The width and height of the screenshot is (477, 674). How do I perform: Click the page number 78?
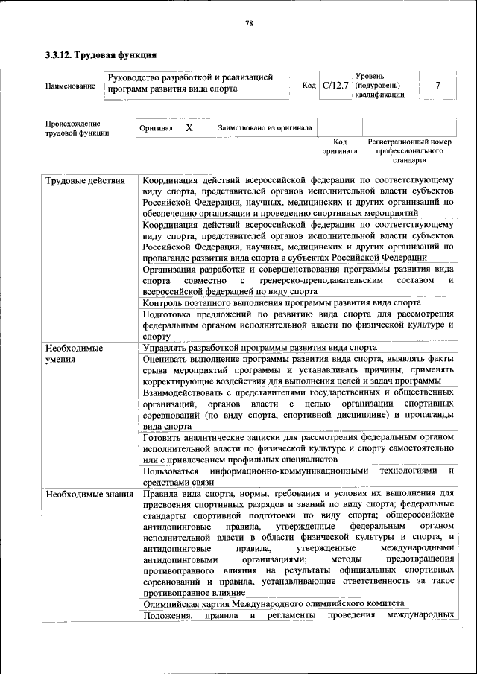[x=249, y=24]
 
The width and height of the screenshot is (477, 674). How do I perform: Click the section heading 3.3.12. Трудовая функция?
[x=101, y=54]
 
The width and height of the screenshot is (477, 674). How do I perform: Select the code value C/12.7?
[x=335, y=86]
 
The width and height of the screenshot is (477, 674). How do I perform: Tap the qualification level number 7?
[x=437, y=86]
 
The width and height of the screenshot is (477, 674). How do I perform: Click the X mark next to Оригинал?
[x=189, y=128]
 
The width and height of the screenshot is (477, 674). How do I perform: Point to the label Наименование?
[x=70, y=86]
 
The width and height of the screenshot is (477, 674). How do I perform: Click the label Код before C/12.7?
[x=309, y=86]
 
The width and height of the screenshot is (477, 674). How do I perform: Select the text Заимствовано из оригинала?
[x=265, y=128]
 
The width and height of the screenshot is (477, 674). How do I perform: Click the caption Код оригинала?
[x=340, y=146]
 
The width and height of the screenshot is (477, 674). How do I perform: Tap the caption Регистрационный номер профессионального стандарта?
[x=409, y=150]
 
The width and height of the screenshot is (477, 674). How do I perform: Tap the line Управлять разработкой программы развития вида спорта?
[x=259, y=348]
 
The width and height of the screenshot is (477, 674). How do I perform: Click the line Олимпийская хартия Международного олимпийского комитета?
[x=274, y=603]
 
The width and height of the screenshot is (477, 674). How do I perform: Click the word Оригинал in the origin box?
[x=157, y=128]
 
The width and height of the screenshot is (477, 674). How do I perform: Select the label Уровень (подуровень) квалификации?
[x=380, y=86]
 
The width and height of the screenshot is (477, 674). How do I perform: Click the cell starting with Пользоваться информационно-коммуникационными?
[x=298, y=477]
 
